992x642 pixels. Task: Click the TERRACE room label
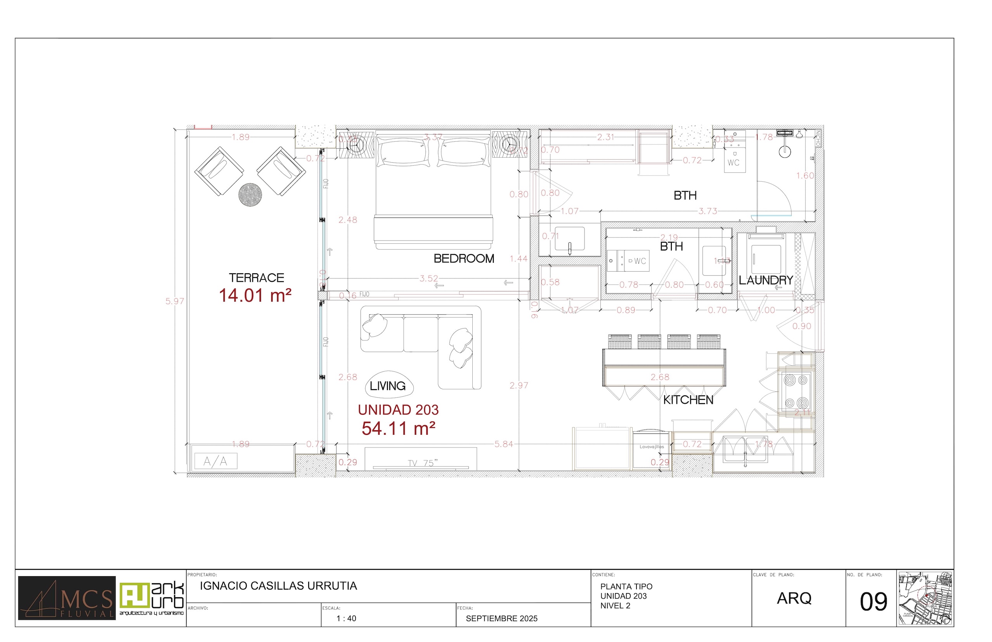coord(256,278)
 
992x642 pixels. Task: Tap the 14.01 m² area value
coord(255,295)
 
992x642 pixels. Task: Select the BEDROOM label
coord(463,259)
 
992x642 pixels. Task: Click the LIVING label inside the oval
coord(388,386)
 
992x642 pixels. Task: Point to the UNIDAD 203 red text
coord(398,410)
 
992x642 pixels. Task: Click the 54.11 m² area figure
coord(398,429)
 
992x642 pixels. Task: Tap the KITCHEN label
coord(688,400)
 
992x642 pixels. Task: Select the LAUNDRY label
coord(765,280)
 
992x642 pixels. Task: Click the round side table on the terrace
coord(250,194)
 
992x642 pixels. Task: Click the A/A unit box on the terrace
coord(215,461)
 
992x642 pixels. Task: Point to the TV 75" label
coord(422,463)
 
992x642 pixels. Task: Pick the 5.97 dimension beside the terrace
coord(174,301)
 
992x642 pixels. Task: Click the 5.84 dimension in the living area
coord(503,444)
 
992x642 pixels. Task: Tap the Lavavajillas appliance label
coord(652,446)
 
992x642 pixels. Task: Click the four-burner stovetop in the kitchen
coord(796,392)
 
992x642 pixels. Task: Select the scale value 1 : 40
coord(346,618)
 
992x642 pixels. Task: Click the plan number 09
coord(873,602)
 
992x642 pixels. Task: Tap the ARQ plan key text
coord(794,598)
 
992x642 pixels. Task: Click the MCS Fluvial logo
coord(67,598)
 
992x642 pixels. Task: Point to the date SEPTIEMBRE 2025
coord(501,618)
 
